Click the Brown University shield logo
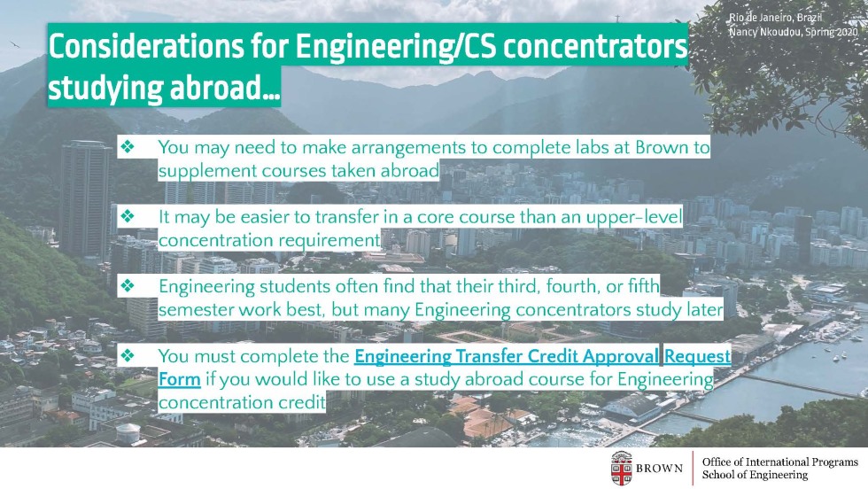[x=622, y=468]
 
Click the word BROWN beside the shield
[x=659, y=469]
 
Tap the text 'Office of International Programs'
[x=779, y=462]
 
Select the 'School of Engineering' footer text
[x=755, y=475]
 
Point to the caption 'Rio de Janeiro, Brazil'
[x=775, y=18]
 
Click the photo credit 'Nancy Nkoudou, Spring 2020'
[x=793, y=32]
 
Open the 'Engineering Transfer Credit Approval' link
[x=507, y=356]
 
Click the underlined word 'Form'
[x=179, y=379]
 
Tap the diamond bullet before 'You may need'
[x=128, y=146]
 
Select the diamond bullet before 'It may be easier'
[x=128, y=215]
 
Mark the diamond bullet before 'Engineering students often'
[x=128, y=285]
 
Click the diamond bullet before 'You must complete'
[x=128, y=354]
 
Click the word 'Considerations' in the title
[x=146, y=46]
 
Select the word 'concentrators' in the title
[x=594, y=46]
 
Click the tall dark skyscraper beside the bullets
[x=86, y=199]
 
